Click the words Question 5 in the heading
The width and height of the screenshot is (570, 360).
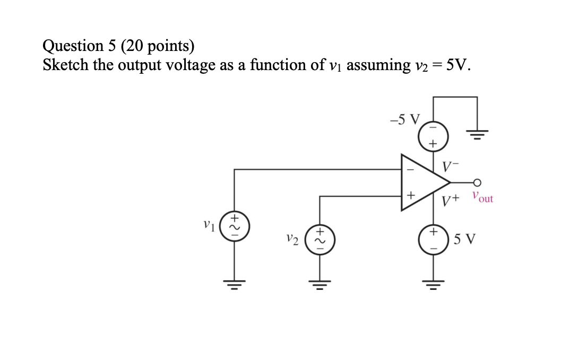79,47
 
